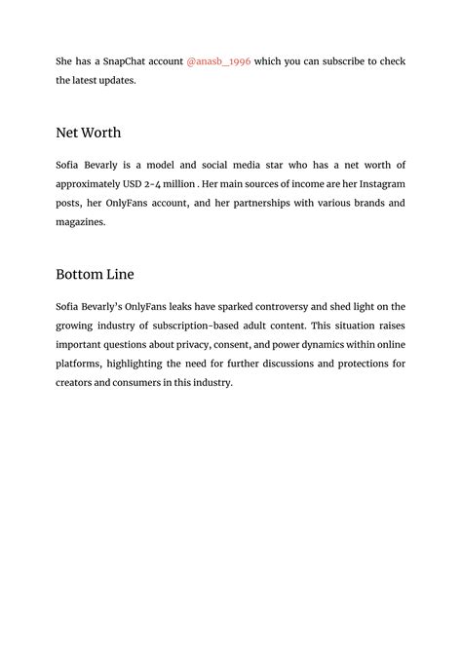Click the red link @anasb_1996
(x=218, y=61)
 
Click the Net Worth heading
(x=89, y=133)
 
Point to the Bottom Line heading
(x=95, y=274)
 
